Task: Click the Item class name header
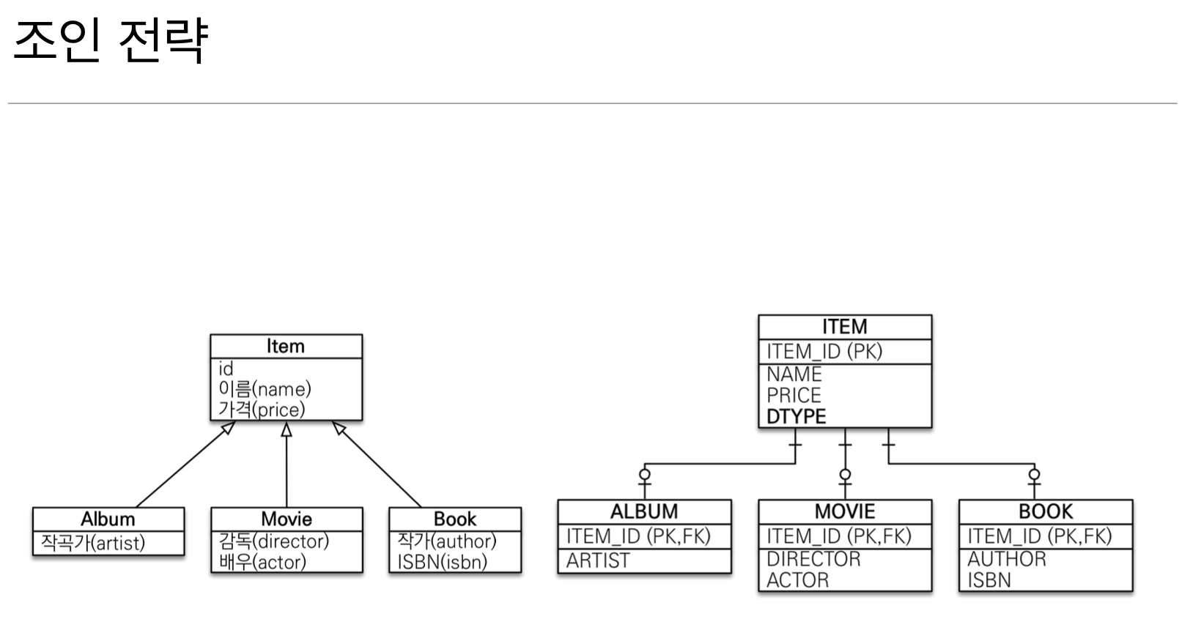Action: point(286,346)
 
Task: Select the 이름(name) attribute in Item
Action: point(265,389)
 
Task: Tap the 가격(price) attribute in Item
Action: point(262,410)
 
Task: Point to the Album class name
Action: point(108,519)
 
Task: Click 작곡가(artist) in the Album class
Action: point(93,543)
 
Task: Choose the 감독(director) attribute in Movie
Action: point(274,541)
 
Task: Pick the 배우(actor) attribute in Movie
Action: point(262,562)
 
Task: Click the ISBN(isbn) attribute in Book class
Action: point(442,562)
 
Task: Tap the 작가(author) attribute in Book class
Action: point(447,541)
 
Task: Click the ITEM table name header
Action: point(844,327)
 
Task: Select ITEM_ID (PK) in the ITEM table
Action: point(824,352)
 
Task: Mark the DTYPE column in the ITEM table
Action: point(796,417)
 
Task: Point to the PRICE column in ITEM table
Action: point(794,396)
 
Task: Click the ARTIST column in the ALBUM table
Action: point(598,560)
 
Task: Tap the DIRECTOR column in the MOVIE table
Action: point(813,559)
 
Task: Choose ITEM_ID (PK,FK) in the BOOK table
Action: point(1039,536)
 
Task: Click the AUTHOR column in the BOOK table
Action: point(1007,559)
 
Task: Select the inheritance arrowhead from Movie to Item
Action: point(287,429)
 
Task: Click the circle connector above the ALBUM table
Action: point(645,474)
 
